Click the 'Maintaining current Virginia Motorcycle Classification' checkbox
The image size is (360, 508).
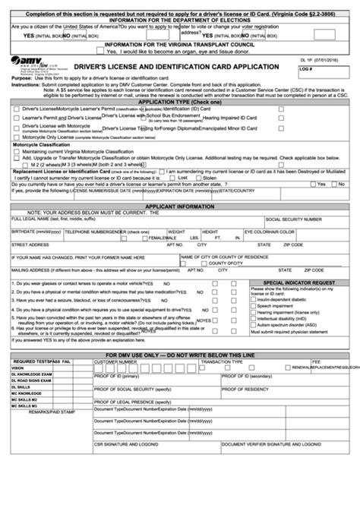(16, 150)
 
